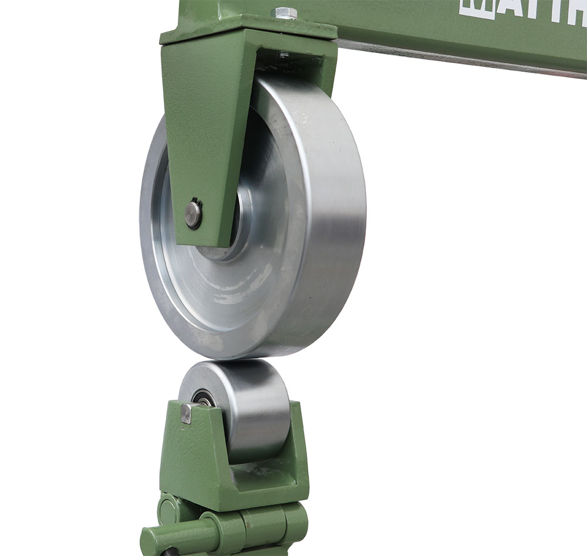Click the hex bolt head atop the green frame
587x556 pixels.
click(x=285, y=12)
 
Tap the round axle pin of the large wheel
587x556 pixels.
click(x=193, y=214)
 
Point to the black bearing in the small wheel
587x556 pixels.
click(x=203, y=399)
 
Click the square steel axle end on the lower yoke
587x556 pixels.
click(x=187, y=413)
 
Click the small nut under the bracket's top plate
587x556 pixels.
click(x=284, y=55)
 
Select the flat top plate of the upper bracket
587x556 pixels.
click(x=247, y=26)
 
